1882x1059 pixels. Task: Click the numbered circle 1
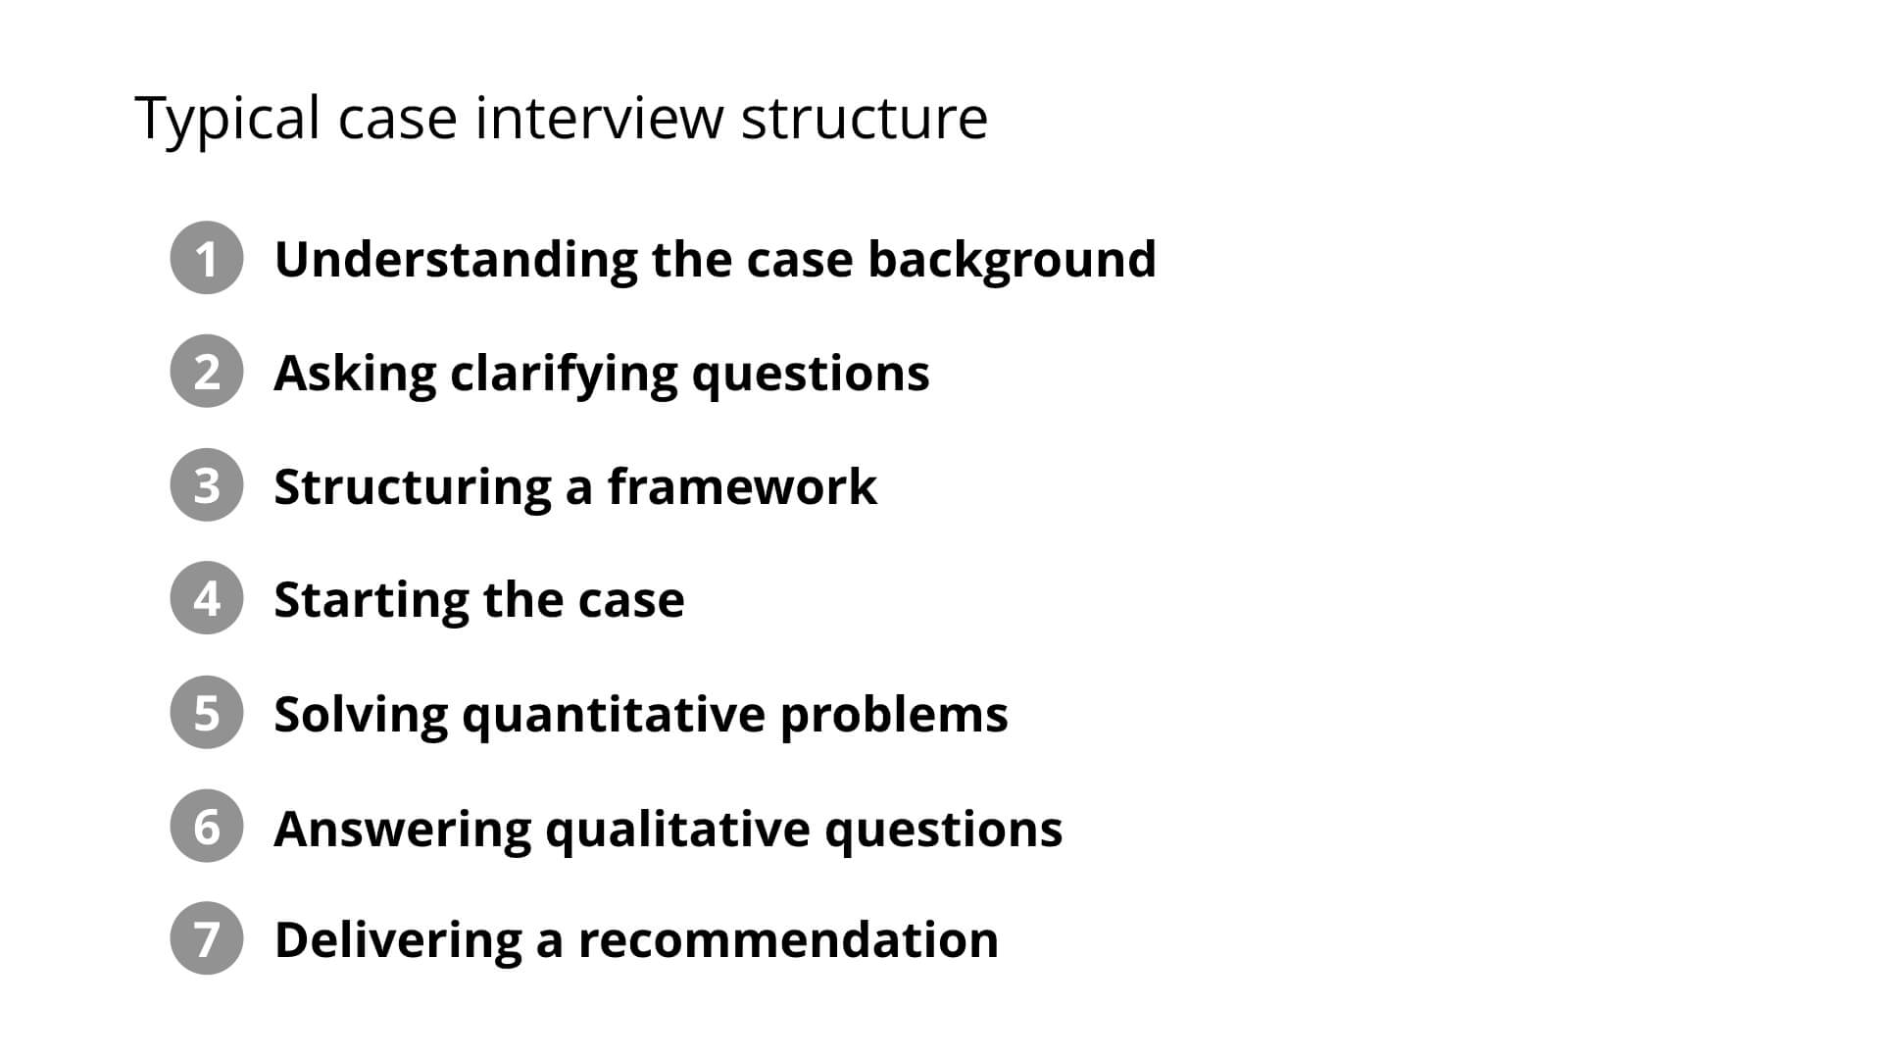[x=206, y=258]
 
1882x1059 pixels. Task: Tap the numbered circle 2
[x=206, y=372]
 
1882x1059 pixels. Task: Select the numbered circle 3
[x=206, y=485]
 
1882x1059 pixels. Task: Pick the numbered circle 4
[x=206, y=598]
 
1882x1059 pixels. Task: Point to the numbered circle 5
[x=206, y=713]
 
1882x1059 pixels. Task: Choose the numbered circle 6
[x=206, y=827]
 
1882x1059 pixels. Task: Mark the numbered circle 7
[x=206, y=938]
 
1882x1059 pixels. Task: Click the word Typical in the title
[x=227, y=120]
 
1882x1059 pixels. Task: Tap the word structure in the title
[x=864, y=118]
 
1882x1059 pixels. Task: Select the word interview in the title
[x=599, y=118]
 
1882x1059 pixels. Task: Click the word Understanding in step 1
[x=456, y=260]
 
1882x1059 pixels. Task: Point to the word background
[x=1012, y=260]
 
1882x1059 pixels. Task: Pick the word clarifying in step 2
[x=563, y=375]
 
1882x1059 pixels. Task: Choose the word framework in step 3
[x=742, y=486]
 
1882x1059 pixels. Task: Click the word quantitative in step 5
[x=613, y=715]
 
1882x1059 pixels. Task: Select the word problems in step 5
[x=894, y=715]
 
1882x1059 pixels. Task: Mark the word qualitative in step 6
[x=676, y=830]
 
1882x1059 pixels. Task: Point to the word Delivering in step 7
[x=397, y=939]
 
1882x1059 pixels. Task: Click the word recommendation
[x=788, y=939]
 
